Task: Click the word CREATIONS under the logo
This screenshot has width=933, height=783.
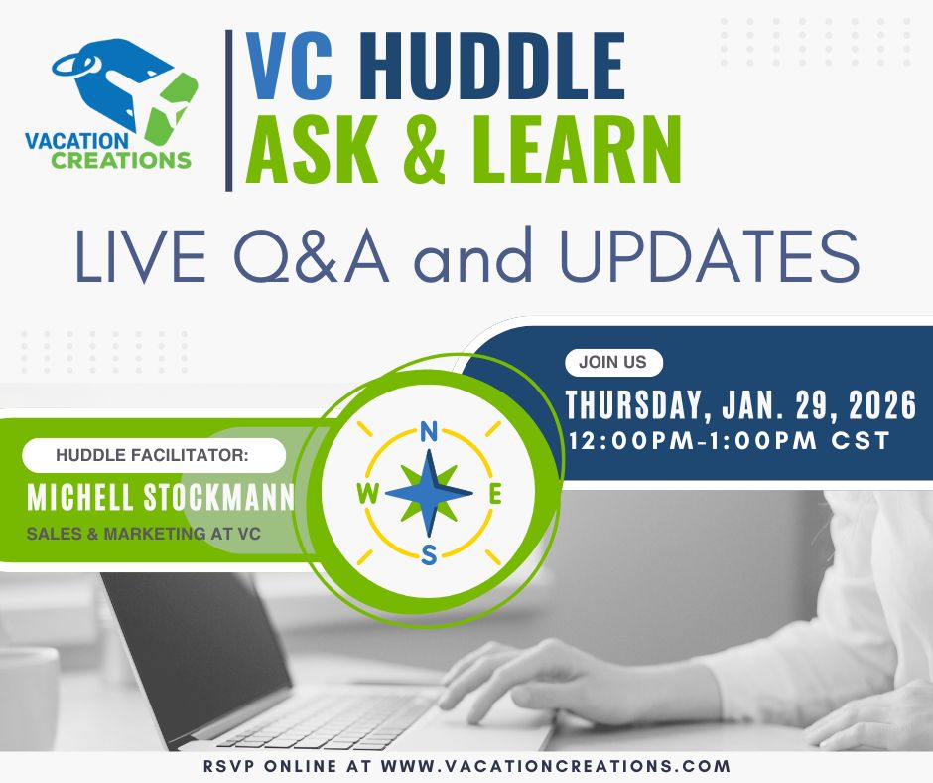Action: pos(120,159)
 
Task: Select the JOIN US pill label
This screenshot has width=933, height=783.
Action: pos(612,363)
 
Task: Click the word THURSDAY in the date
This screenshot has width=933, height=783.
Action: pos(633,405)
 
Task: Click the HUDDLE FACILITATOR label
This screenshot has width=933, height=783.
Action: pos(153,456)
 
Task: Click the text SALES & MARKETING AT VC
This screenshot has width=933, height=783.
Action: pos(143,534)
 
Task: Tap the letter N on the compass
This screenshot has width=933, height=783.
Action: pos(429,431)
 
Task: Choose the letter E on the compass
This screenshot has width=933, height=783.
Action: pos(495,494)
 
